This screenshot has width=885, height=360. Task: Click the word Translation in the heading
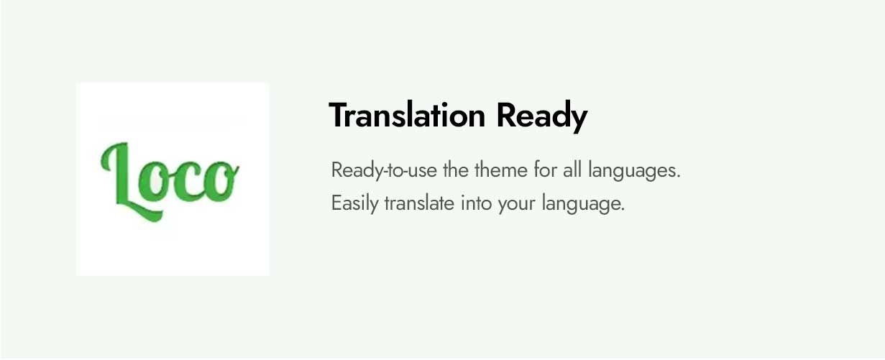[x=407, y=115]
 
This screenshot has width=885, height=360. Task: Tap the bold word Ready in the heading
[x=542, y=117]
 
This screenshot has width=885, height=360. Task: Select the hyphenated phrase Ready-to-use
[x=384, y=171]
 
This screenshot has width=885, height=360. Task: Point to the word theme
[x=501, y=170]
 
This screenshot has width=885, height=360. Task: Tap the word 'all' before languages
[x=572, y=170]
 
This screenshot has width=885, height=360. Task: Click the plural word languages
[x=631, y=171]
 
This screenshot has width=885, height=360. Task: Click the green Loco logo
[x=170, y=181]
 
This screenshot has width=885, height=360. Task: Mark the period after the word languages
[x=678, y=177]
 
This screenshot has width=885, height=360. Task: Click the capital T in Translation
[x=339, y=115]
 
